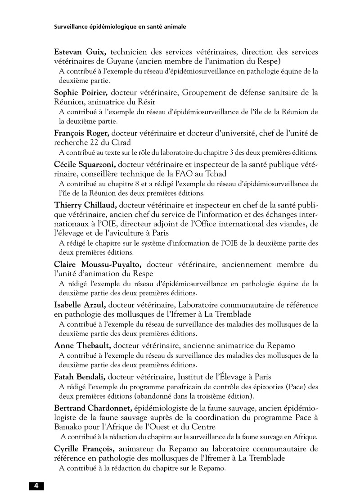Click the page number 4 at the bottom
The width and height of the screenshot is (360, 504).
pos(36,486)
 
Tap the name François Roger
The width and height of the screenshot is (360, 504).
pos(81,134)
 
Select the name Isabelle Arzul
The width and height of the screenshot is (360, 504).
pos(80,305)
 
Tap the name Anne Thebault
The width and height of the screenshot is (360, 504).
pos(82,346)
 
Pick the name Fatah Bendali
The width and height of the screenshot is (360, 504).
pos(80,377)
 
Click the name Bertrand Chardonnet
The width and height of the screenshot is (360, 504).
pos(93,408)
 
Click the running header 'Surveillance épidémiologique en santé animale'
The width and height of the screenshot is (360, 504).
pos(120,27)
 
